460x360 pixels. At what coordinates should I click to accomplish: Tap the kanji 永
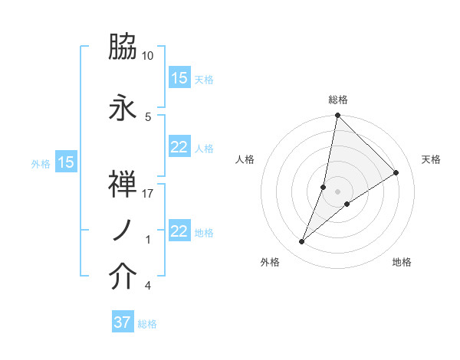click(x=123, y=108)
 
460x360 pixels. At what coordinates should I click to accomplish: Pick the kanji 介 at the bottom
click(x=123, y=277)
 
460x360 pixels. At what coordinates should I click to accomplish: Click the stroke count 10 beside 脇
click(x=148, y=56)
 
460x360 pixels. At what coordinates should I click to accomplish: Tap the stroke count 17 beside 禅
click(x=148, y=194)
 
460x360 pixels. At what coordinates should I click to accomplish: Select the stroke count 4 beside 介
click(x=147, y=286)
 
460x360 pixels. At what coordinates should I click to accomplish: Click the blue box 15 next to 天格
click(x=179, y=78)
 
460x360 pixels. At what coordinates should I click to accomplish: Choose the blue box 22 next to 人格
click(x=179, y=148)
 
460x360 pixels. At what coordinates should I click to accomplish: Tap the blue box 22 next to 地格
click(x=179, y=232)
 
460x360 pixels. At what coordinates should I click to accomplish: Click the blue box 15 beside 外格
click(x=65, y=162)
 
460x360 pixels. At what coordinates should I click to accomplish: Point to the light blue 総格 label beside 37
click(x=147, y=324)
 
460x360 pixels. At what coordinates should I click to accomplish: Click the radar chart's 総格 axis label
click(x=338, y=100)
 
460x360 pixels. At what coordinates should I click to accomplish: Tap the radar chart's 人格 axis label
click(x=245, y=159)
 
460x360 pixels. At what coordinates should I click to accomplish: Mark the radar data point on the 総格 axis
click(x=337, y=116)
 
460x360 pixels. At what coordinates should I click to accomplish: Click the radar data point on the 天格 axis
click(x=396, y=172)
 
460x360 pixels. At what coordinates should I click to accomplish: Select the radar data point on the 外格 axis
click(x=302, y=242)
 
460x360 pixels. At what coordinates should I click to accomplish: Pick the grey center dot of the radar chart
click(x=337, y=191)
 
